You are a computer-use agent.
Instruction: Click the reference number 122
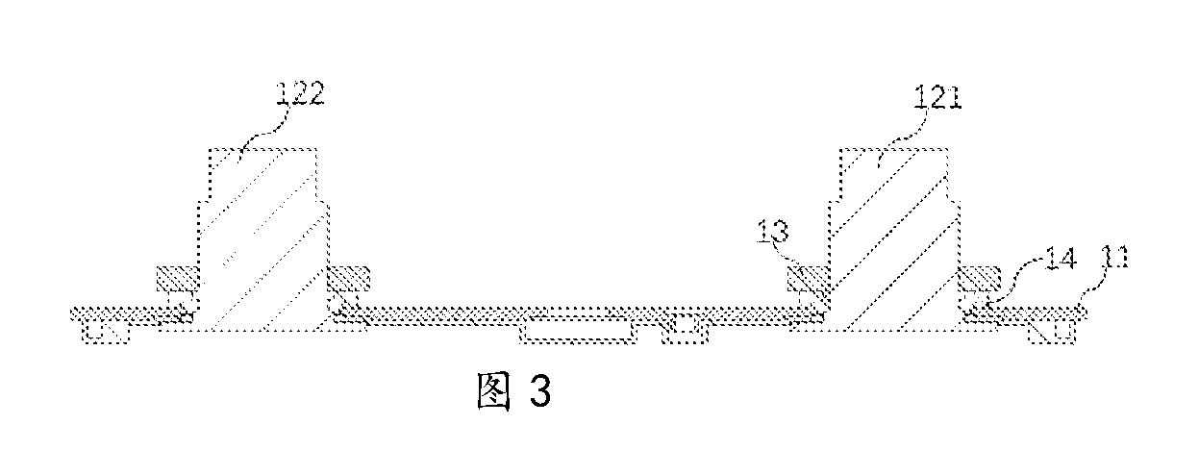pos(301,93)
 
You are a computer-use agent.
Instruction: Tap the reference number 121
pos(937,97)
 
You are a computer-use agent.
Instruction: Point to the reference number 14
pos(1061,258)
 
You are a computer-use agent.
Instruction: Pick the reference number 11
pos(1115,257)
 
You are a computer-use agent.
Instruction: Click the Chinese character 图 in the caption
pos(493,391)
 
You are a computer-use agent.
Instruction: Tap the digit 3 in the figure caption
pos(539,391)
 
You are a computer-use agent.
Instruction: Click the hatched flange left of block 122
pos(178,279)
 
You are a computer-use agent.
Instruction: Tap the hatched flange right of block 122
pos(349,279)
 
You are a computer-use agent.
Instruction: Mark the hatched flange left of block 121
pos(809,279)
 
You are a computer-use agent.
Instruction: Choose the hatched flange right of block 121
pos(980,279)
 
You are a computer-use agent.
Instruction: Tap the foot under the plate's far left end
pos(106,332)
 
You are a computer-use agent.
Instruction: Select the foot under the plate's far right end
pos(1051,332)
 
